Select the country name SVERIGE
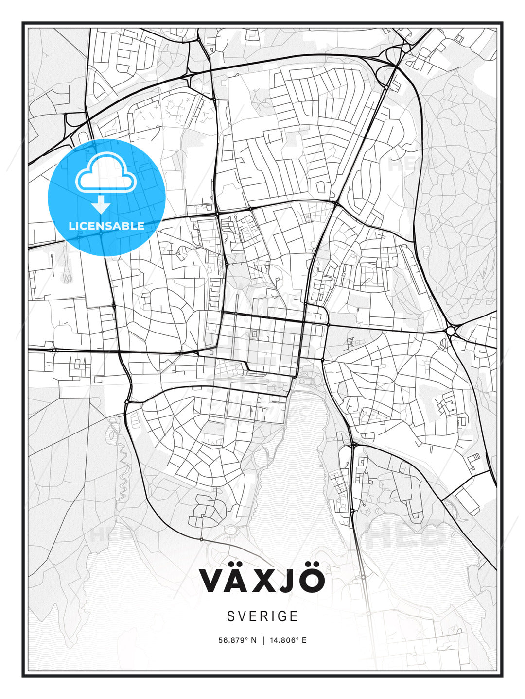pyautogui.click(x=262, y=616)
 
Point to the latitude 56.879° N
pyautogui.click(x=237, y=640)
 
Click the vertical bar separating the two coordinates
pyautogui.click(x=263, y=640)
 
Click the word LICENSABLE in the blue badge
pyautogui.click(x=106, y=226)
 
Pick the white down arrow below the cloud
pyautogui.click(x=101, y=204)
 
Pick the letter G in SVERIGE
pyautogui.click(x=281, y=616)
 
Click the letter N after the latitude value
pyautogui.click(x=253, y=640)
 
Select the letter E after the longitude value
pyautogui.click(x=304, y=640)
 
